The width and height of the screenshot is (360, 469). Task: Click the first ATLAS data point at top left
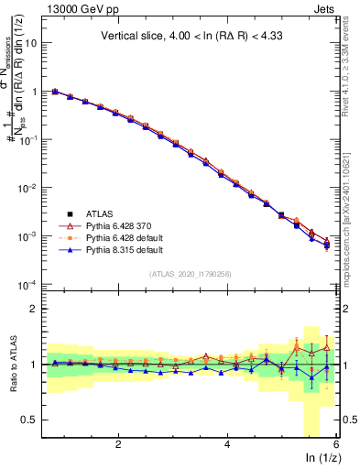55,92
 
